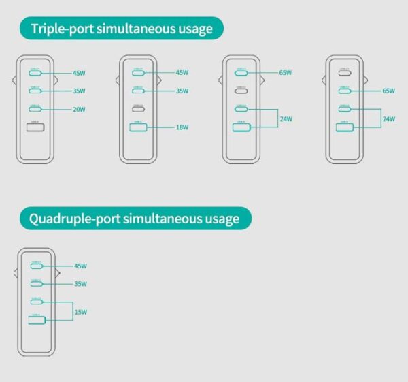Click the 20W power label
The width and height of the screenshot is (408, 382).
[x=80, y=109]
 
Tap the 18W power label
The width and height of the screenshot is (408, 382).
[x=182, y=127]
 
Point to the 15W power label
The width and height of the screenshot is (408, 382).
[x=80, y=312]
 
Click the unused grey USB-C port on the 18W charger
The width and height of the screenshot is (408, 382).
[x=139, y=109]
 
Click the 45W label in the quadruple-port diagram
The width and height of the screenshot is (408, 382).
[x=80, y=266]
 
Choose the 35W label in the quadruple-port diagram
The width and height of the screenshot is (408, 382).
[x=80, y=283]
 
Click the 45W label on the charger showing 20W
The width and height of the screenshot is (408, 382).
[x=80, y=72]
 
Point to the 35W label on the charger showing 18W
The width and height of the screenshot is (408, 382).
[x=182, y=91]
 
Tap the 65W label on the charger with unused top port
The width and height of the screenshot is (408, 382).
[x=389, y=91]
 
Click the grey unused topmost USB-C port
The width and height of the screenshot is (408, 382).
[x=345, y=72]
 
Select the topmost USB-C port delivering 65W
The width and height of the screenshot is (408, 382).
[x=241, y=72]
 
